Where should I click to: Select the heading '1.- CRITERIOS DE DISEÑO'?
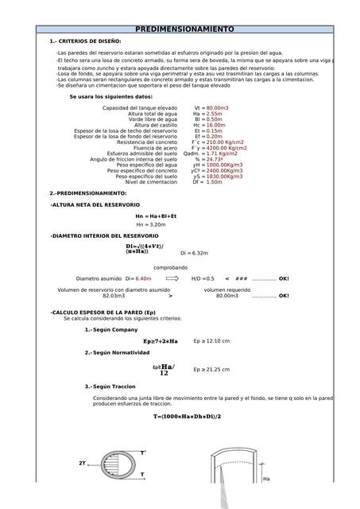[85, 40]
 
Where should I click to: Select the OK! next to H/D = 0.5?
[284, 279]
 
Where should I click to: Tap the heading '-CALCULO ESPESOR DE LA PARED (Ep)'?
[103, 313]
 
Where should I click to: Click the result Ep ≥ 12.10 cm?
[211, 340]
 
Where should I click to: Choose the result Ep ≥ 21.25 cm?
[211, 369]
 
